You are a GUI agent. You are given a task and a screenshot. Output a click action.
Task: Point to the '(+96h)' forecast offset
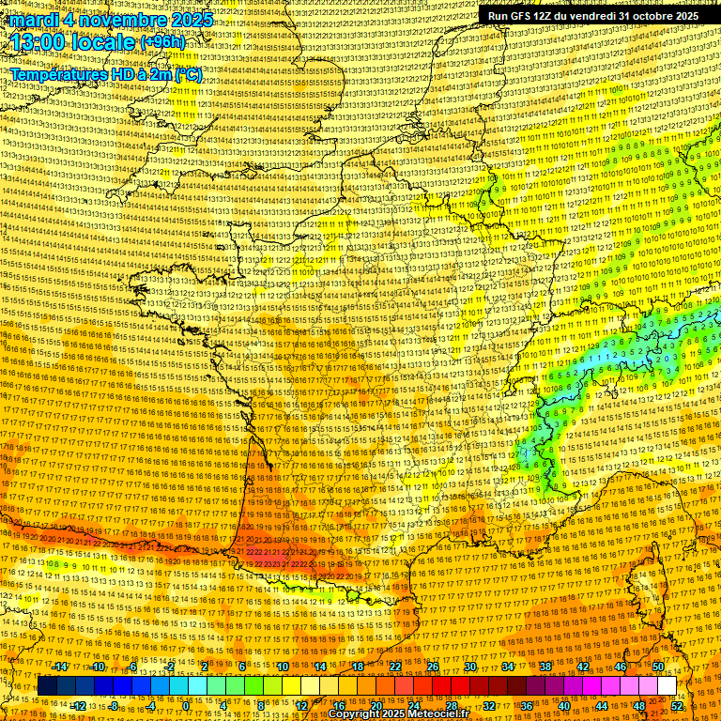162,43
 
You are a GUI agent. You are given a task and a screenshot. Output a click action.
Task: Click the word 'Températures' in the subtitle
57,73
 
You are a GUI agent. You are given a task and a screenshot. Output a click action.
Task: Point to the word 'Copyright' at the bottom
352,714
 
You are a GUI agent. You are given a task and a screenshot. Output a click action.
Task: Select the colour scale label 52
678,706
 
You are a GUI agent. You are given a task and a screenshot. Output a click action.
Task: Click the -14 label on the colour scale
61,667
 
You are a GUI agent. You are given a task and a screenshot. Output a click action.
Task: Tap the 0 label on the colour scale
186,706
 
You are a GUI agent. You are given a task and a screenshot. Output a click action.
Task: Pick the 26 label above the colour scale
433,667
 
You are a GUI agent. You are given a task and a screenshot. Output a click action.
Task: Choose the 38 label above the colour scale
545,667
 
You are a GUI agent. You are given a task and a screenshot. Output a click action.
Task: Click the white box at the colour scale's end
667,686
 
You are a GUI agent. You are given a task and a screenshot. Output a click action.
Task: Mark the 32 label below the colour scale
489,706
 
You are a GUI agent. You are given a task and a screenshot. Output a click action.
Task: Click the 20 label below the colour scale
376,706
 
